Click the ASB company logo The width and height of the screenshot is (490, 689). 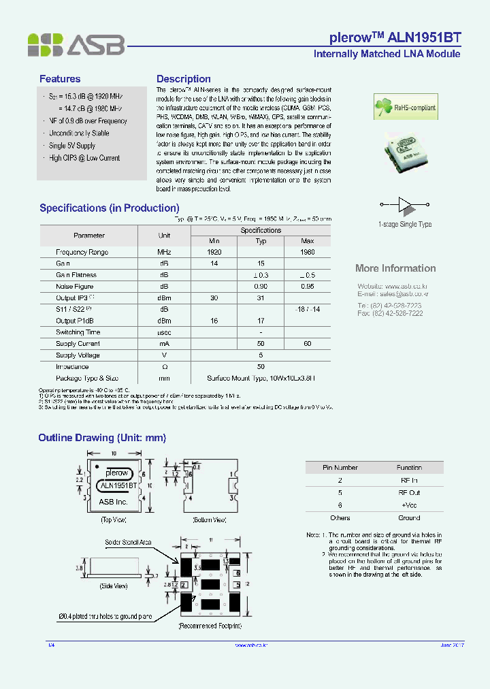[76, 44]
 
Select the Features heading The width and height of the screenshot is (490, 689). [60, 79]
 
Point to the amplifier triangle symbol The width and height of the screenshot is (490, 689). [405, 204]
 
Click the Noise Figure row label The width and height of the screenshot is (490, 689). [75, 287]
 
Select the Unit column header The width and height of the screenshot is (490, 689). [164, 236]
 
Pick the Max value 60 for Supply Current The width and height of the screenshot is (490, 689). [307, 344]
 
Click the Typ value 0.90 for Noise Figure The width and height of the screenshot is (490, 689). [261, 287]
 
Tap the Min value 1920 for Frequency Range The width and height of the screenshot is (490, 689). [214, 252]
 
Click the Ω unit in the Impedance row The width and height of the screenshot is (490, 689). [164, 366]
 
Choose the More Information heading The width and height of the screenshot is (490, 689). [395, 268]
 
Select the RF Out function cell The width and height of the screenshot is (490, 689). [409, 492]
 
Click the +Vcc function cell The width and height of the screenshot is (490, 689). [409, 505]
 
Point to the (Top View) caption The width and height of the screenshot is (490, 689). [115, 519]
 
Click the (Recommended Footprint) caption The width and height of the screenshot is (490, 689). [210, 625]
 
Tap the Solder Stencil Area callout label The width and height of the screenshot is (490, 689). [128, 543]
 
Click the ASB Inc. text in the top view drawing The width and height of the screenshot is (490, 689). [114, 502]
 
